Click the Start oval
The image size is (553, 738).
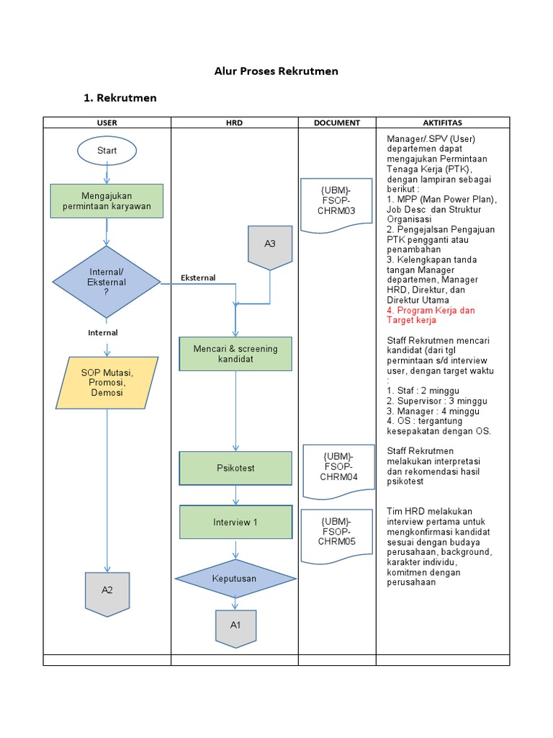click(107, 151)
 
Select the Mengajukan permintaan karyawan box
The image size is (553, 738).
click(107, 200)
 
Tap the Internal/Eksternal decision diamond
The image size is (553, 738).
click(107, 283)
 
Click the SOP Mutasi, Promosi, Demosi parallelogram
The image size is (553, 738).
click(107, 383)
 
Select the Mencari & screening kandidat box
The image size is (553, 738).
click(235, 354)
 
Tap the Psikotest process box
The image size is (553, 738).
click(235, 468)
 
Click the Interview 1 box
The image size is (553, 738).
click(235, 522)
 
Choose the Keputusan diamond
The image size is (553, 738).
click(235, 578)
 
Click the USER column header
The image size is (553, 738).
click(107, 123)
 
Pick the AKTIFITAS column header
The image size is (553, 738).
click(442, 123)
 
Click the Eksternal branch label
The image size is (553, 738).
click(198, 278)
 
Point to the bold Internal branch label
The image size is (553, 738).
click(103, 333)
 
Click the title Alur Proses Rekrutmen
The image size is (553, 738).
click(276, 71)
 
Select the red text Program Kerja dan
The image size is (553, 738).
click(431, 310)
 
